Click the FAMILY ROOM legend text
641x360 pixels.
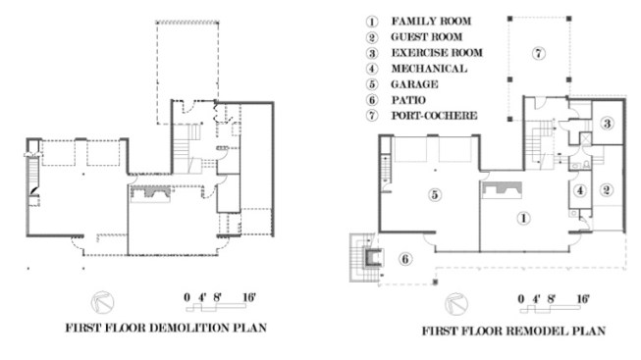pyautogui.click(x=431, y=21)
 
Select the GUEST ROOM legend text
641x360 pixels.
pyautogui.click(x=427, y=36)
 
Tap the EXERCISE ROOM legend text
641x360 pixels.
pyautogui.click(x=437, y=53)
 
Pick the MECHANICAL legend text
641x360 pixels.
pyautogui.click(x=429, y=69)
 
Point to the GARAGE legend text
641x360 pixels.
pyautogui.click(x=414, y=84)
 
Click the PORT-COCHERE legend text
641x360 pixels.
pyautogui.click(x=434, y=115)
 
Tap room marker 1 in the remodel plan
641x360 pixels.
pyautogui.click(x=523, y=218)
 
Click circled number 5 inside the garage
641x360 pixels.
pyautogui.click(x=435, y=194)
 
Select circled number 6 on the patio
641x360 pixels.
pyautogui.click(x=405, y=259)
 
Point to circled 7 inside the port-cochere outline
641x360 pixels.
pyautogui.click(x=539, y=53)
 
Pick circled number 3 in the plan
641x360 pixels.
pyautogui.click(x=607, y=123)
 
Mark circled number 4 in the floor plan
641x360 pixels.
pyautogui.click(x=580, y=190)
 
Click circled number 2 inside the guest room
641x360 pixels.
pyautogui.click(x=607, y=189)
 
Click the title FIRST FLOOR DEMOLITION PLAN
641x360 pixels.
pyautogui.click(x=166, y=328)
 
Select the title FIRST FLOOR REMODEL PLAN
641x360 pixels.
pyautogui.click(x=513, y=331)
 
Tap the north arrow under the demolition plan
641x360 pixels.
pyautogui.click(x=102, y=302)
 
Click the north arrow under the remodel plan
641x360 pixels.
pyautogui.click(x=456, y=304)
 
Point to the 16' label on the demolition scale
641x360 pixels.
pyautogui.click(x=249, y=297)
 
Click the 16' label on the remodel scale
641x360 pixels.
pyautogui.click(x=583, y=299)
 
